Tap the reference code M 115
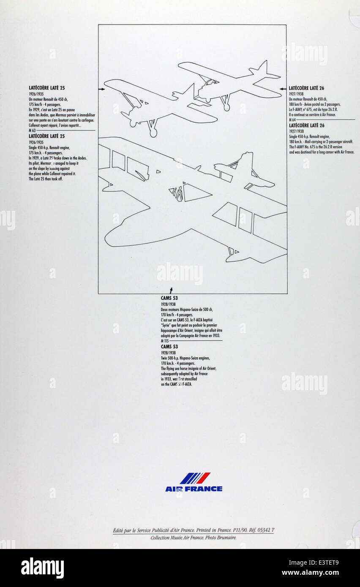165,340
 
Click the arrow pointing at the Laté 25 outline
101,89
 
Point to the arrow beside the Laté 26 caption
284,89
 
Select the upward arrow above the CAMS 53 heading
171,290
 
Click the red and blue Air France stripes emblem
195,478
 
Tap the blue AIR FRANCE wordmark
194,489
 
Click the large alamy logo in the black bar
42,568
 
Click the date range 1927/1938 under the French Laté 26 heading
297,94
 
